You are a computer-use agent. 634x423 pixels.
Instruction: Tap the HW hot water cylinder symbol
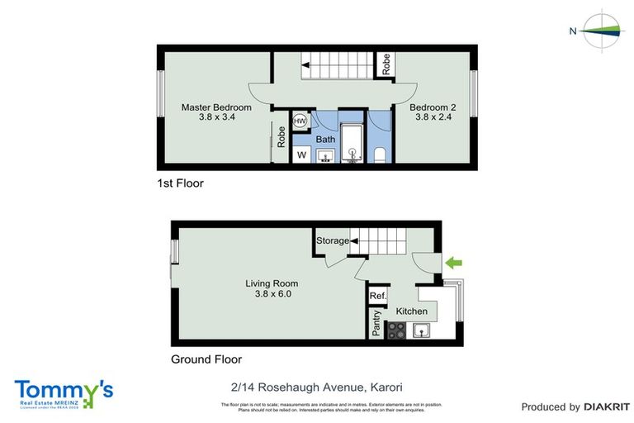[x=300, y=121]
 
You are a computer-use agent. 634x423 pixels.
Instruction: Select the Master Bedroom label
[x=216, y=107]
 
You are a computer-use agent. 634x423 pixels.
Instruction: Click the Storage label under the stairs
[x=332, y=241]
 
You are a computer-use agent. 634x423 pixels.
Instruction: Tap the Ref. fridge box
[x=378, y=296]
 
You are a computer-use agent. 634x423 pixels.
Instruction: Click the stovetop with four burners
[x=395, y=330]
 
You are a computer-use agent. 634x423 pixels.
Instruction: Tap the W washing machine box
[x=301, y=154]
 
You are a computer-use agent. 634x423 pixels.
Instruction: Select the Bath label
[x=325, y=140]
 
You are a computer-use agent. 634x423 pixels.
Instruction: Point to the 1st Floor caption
[x=180, y=183]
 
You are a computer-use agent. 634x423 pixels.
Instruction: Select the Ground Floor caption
[x=206, y=359]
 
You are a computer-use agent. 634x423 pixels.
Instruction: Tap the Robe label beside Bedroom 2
[x=386, y=64]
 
